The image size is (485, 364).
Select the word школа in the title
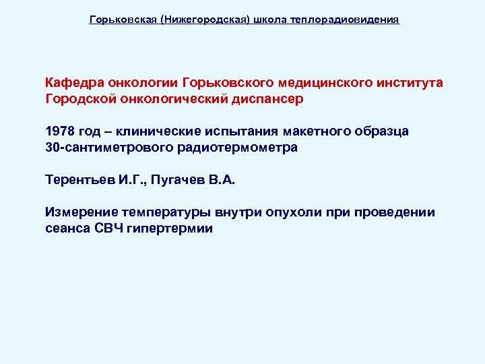pyautogui.click(x=270, y=20)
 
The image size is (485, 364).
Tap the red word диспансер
pyautogui.click(x=269, y=99)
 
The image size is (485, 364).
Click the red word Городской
pyautogui.click(x=75, y=99)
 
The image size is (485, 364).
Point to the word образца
pyautogui.click(x=384, y=131)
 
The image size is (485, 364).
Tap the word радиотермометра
pyautogui.click(x=239, y=148)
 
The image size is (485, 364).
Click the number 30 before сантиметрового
pyautogui.click(x=52, y=148)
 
